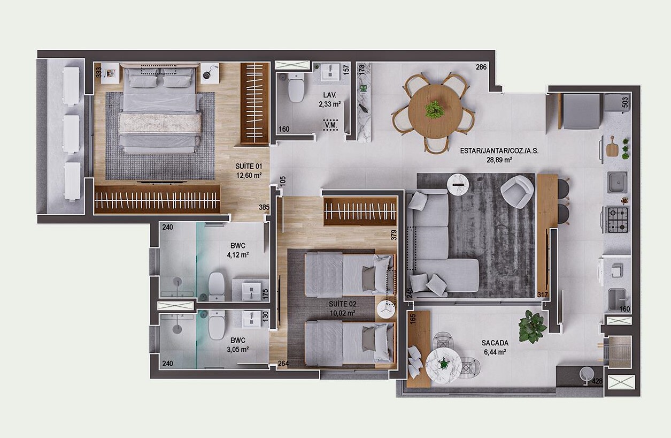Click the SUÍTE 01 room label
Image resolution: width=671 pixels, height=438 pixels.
click(x=248, y=166)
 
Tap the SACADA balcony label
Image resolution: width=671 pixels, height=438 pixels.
click(x=495, y=343)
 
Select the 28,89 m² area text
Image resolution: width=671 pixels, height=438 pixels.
click(x=499, y=160)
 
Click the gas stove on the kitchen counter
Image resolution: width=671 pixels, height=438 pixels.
click(x=617, y=220)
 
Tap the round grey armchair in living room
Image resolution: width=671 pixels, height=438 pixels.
click(x=517, y=192)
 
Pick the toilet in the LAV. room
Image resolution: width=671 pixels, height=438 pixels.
click(x=296, y=87)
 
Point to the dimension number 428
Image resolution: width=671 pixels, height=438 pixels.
click(x=597, y=381)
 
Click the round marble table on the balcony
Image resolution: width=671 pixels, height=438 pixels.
click(x=443, y=366)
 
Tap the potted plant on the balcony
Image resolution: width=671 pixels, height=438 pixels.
click(x=532, y=326)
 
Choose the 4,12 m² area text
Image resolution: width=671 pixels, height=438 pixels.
click(x=237, y=255)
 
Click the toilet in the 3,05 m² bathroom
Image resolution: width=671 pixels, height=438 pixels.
click(x=217, y=326)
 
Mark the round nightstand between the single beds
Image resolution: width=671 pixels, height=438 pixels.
click(x=386, y=310)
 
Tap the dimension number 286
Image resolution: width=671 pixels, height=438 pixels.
click(x=481, y=67)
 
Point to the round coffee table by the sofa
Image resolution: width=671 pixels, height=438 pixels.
click(x=458, y=184)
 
